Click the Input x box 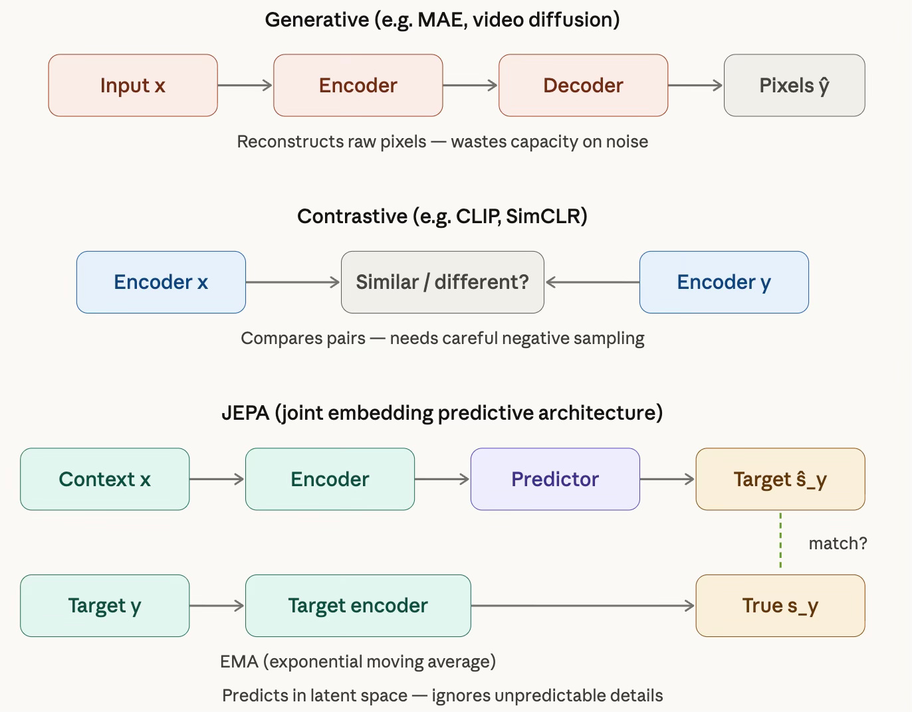133,85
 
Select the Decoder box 584,85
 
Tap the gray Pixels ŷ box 794,85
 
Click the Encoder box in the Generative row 358,85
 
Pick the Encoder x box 161,282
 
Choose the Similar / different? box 443,282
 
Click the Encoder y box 724,282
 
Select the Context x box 105,479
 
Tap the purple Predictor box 555,479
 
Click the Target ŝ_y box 780,479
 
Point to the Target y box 105,606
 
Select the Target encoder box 358,606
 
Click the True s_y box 780,606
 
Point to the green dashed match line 780,541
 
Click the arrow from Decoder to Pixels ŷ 695,86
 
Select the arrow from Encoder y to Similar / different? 593,282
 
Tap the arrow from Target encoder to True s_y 583,606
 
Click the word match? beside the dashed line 838,543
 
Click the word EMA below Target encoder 239,662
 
